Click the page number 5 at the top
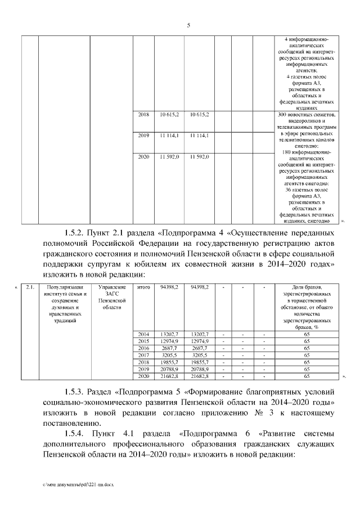(x=188, y=25)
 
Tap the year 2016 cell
(x=143, y=348)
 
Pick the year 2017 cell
(x=143, y=355)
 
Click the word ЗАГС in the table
(x=112, y=294)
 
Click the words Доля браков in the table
(x=307, y=287)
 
